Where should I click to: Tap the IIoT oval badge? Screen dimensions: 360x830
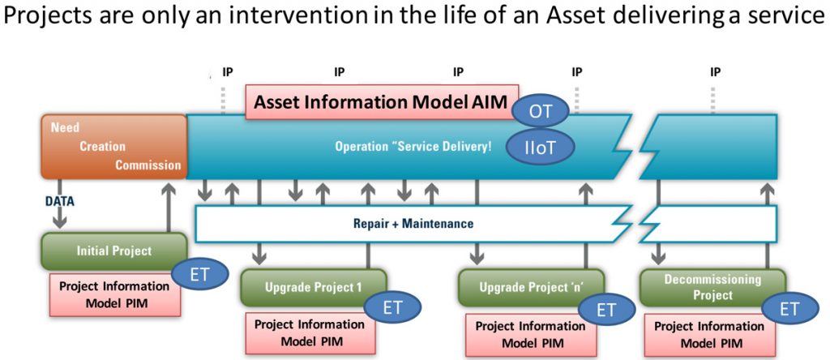540,147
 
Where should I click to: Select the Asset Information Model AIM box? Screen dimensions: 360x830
382,103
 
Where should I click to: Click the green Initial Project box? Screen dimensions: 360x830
113,251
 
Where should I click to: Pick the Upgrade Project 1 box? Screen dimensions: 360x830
313,286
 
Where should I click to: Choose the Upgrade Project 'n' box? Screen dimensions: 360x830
531,286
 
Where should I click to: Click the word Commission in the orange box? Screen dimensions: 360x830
148,165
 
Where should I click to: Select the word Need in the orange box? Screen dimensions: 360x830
65,128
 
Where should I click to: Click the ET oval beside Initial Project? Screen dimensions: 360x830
199,275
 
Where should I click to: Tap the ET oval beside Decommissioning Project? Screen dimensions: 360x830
789,308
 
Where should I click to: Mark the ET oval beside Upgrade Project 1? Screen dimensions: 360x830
393,307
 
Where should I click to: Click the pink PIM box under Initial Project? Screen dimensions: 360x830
114,294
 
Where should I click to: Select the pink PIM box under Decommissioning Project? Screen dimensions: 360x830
708,334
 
